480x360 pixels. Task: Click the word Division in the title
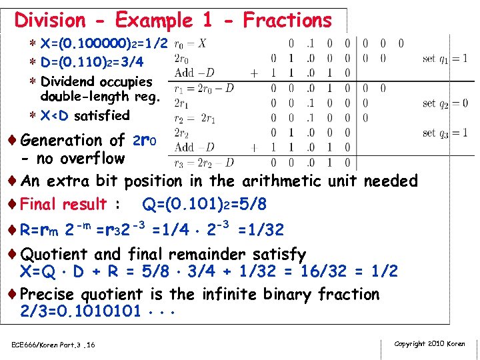click(x=50, y=21)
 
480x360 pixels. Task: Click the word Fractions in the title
click(x=287, y=21)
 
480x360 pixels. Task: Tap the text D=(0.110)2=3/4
click(x=92, y=63)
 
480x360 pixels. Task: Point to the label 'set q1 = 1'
click(x=445, y=59)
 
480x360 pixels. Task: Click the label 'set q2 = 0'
click(x=445, y=103)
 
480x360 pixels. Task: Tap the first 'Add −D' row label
click(x=194, y=73)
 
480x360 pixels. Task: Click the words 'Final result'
click(x=64, y=204)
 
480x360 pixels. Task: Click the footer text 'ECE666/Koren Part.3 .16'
click(x=53, y=345)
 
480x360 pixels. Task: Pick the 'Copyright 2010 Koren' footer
click(x=430, y=344)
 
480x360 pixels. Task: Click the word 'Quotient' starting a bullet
click(x=54, y=254)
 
